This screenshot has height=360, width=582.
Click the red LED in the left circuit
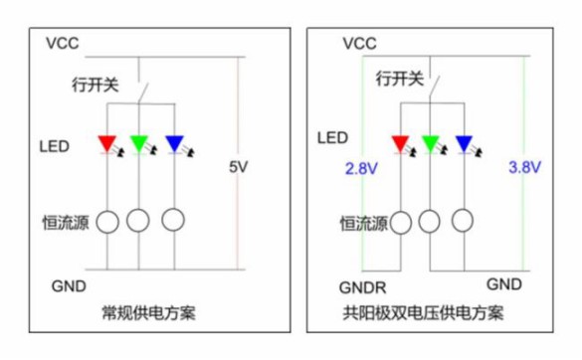tap(107, 144)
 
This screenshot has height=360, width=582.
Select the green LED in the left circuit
tap(139, 144)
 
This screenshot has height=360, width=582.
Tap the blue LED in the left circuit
tap(173, 144)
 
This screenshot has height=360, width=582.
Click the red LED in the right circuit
tap(400, 144)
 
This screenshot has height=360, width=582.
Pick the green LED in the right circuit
tap(431, 144)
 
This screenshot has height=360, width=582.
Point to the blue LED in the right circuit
tap(463, 144)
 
